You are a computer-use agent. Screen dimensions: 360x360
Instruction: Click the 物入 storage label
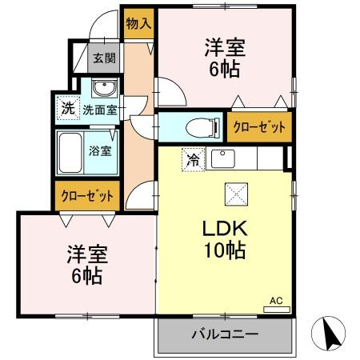[x=138, y=23]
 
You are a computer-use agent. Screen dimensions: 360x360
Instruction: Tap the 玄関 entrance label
[x=104, y=58]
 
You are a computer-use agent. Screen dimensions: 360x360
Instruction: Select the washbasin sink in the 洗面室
[x=104, y=87]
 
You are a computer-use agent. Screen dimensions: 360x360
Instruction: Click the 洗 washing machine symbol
[x=68, y=108]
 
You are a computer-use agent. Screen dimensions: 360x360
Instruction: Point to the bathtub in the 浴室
[x=70, y=153]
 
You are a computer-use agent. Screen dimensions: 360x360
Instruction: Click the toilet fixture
[x=202, y=128]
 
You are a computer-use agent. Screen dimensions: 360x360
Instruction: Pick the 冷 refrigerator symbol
[x=194, y=159]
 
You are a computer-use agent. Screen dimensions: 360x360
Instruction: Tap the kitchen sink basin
[x=223, y=158]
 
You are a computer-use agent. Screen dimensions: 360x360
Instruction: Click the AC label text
[x=276, y=301]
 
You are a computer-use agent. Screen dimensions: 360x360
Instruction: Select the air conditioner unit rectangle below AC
[x=277, y=310]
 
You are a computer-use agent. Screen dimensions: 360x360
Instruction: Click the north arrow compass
[x=328, y=334]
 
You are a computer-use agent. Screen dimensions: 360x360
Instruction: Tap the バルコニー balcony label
[x=226, y=334]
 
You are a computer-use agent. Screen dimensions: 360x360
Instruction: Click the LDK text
[x=225, y=229]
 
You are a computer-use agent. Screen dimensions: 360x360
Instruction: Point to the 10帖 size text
[x=225, y=250]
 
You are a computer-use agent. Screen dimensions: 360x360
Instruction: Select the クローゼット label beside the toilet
[x=259, y=127]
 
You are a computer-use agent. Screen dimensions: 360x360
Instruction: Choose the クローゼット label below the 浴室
[x=87, y=196]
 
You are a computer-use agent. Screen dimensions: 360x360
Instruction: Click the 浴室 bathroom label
[x=100, y=151]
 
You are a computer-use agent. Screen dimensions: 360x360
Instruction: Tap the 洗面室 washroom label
[x=100, y=110]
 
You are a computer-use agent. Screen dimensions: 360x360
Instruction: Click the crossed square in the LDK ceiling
[x=236, y=194]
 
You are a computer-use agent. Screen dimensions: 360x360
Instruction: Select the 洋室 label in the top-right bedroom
[x=225, y=48]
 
